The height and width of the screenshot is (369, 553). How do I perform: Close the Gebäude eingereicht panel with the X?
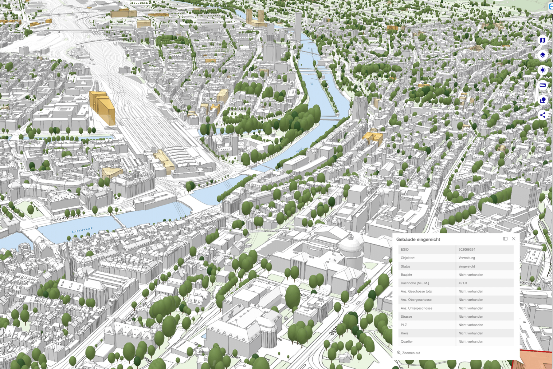[514, 239]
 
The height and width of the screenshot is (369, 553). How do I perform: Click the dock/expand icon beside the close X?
[505, 239]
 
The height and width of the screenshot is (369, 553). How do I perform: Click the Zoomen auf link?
[411, 353]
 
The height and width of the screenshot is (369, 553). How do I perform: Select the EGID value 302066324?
[467, 249]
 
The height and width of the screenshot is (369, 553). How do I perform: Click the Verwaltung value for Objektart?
[467, 258]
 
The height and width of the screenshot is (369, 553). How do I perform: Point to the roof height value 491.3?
[463, 283]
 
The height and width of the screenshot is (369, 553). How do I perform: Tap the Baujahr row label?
[406, 275]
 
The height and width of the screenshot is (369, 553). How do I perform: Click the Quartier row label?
[407, 341]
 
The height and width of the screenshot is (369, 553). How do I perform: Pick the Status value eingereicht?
[467, 266]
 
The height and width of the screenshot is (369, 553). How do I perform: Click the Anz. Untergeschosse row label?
[416, 308]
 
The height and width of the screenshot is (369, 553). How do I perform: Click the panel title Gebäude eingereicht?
[418, 239]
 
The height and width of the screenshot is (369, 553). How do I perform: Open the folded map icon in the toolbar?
[543, 40]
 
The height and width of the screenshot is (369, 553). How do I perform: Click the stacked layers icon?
[543, 55]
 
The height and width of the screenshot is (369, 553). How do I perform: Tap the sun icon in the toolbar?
[543, 70]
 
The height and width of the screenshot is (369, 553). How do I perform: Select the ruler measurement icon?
[543, 85]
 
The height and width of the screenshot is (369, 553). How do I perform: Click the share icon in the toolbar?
[543, 115]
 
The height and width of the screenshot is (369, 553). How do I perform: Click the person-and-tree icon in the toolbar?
[543, 100]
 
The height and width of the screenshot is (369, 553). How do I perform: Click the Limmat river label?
[82, 230]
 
